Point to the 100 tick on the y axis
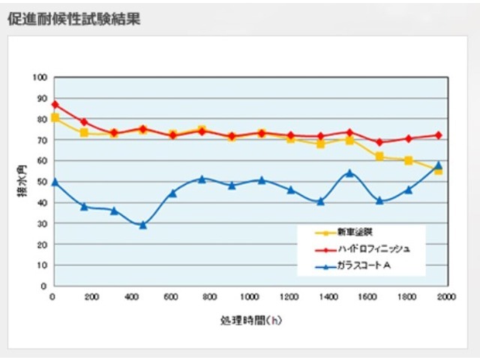coord(40,77)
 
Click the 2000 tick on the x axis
coord(445,297)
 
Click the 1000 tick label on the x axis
coord(249,297)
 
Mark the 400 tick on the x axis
coord(131,297)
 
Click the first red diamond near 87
coord(55,104)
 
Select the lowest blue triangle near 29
coord(142,225)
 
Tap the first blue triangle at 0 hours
coord(55,182)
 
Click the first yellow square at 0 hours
coord(55,118)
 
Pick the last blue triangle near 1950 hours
coord(439,165)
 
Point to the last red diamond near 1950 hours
coord(439,135)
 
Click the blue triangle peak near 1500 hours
coord(349,172)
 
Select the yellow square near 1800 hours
coord(409,160)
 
